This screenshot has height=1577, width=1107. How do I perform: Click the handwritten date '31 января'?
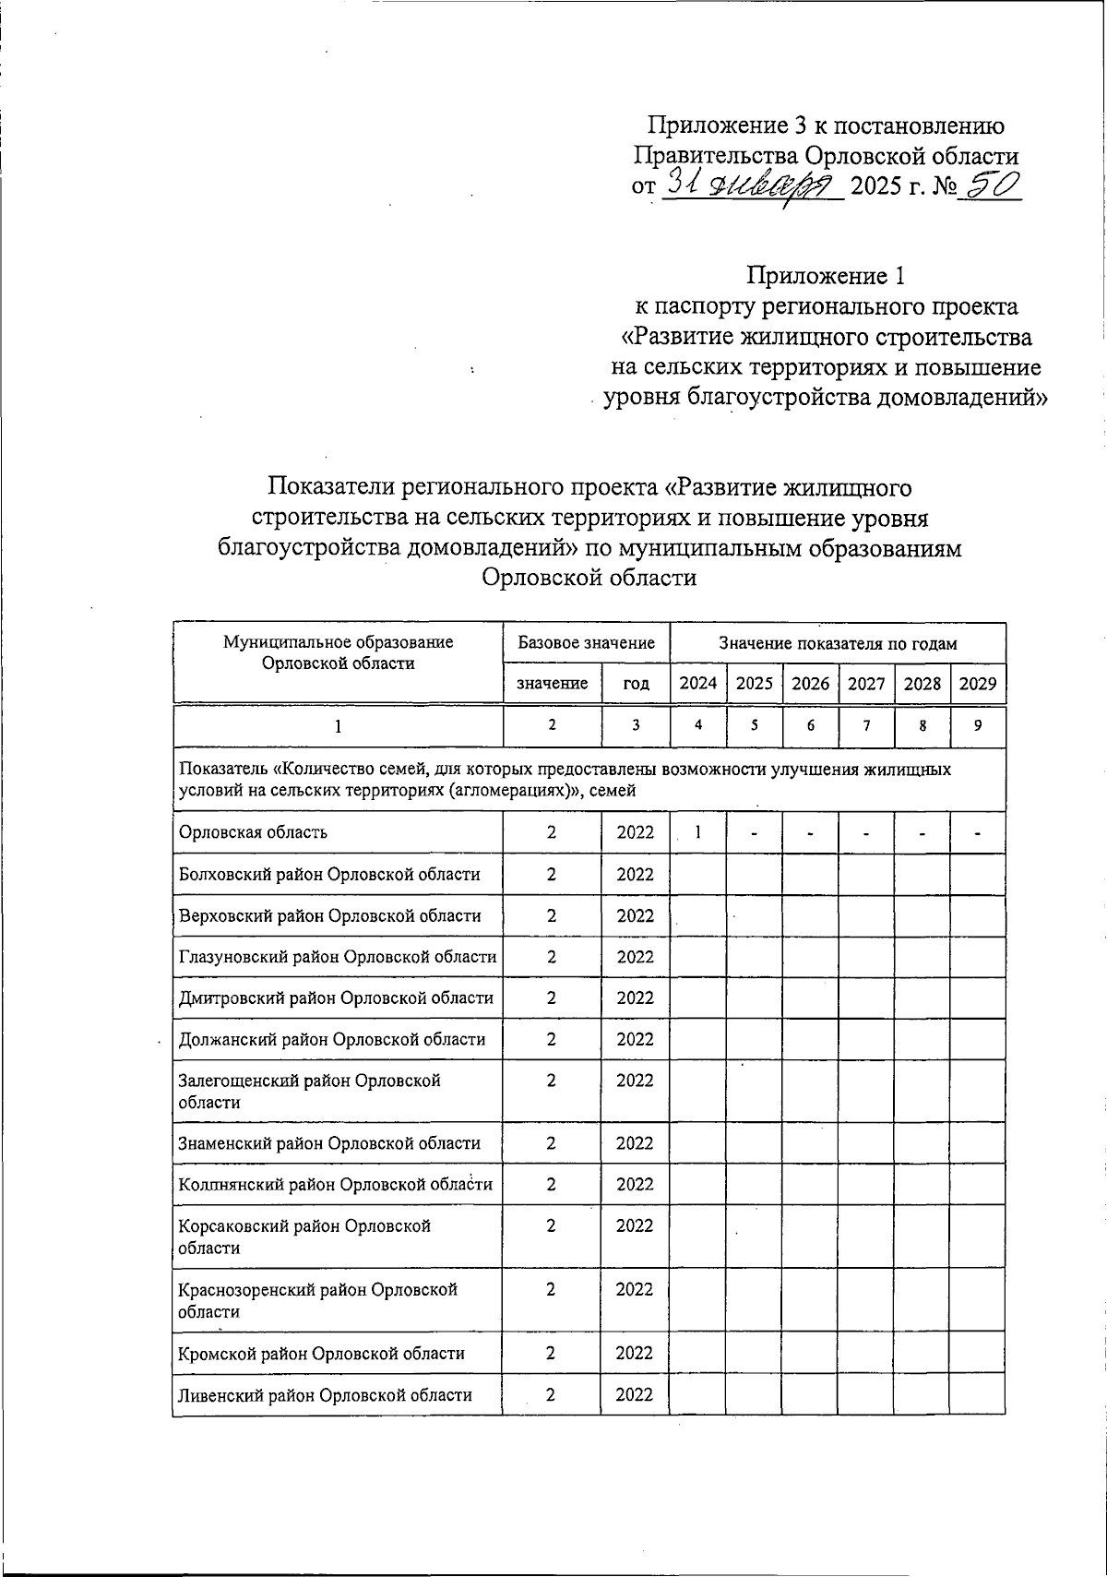click(x=750, y=186)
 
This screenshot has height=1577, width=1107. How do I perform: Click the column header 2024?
click(x=697, y=684)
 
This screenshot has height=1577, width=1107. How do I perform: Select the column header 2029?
click(x=978, y=684)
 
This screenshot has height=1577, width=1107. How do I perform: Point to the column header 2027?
click(x=866, y=684)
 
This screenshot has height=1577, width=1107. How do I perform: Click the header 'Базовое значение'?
click(x=586, y=643)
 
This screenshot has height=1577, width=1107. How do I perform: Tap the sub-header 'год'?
click(x=636, y=684)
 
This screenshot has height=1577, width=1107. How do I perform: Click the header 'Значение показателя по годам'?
click(x=838, y=643)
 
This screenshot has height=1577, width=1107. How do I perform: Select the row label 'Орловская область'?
click(x=253, y=832)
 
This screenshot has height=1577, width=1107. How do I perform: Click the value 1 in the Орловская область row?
click(x=698, y=831)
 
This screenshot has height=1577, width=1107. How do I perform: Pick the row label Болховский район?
click(x=328, y=874)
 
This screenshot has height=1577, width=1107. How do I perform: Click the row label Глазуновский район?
click(x=337, y=957)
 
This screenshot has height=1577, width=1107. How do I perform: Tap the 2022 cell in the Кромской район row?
click(x=635, y=1353)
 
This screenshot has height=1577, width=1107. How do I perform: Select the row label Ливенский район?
click(x=325, y=1394)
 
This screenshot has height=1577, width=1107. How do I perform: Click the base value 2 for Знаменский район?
click(x=551, y=1143)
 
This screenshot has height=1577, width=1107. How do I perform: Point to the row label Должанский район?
click(x=331, y=1039)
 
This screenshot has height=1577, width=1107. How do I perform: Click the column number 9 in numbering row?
click(x=978, y=725)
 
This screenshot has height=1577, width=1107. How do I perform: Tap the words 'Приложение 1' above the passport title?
click(x=827, y=275)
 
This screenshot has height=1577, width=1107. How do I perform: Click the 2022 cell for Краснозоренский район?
click(x=635, y=1289)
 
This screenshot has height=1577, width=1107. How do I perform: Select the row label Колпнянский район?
click(x=335, y=1184)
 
